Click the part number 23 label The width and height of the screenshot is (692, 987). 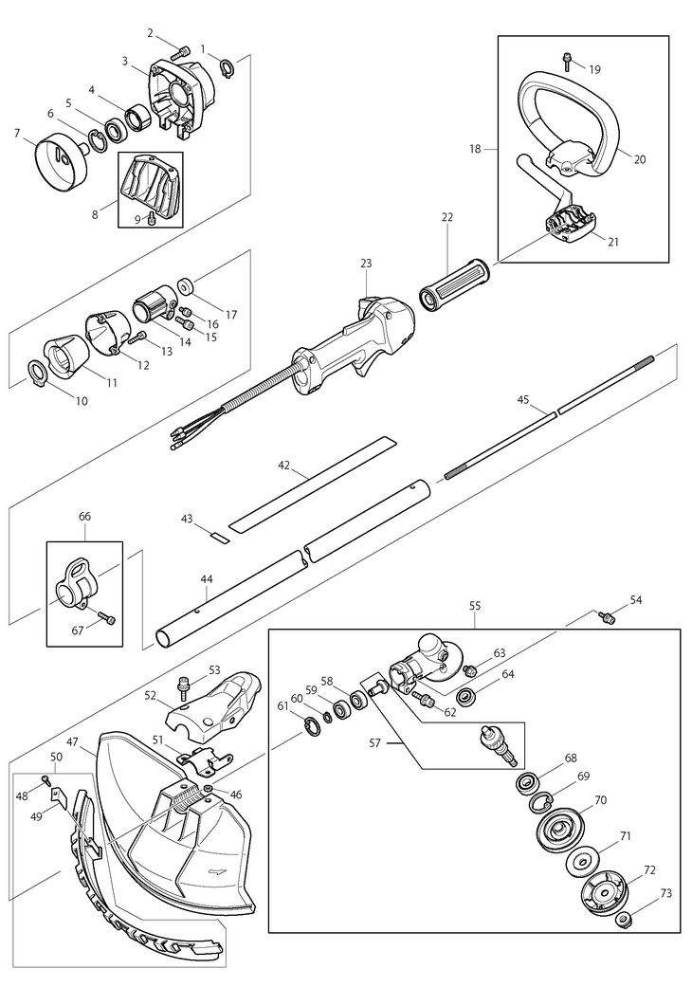click(367, 264)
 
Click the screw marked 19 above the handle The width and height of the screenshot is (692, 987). click(567, 60)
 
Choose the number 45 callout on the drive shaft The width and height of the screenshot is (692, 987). click(523, 400)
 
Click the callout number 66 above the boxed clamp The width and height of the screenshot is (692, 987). click(84, 517)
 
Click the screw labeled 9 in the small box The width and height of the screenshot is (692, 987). click(152, 219)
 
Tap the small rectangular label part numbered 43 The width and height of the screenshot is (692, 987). click(219, 536)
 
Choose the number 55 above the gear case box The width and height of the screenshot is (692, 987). click(475, 603)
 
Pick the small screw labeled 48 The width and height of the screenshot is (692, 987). click(46, 779)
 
